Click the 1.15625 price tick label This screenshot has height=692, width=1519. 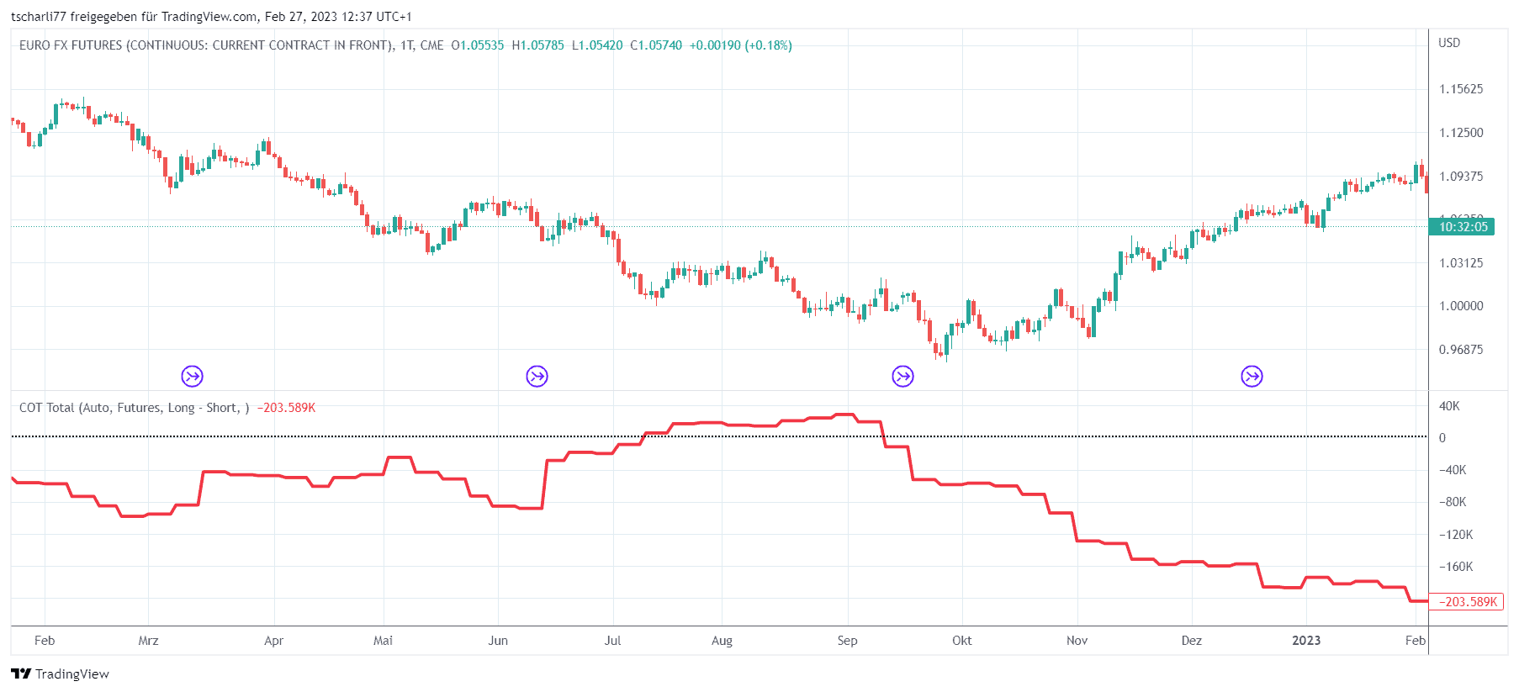(x=1461, y=89)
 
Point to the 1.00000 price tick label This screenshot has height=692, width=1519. (x=1461, y=306)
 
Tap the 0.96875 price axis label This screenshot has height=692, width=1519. (x=1461, y=350)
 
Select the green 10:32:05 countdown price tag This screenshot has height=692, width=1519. (x=1463, y=226)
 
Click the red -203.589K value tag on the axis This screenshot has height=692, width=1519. (x=1467, y=602)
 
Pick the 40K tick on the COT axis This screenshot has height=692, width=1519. (x=1449, y=406)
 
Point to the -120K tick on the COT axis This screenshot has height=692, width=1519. (x=1456, y=535)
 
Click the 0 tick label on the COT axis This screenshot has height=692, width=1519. (x=1442, y=438)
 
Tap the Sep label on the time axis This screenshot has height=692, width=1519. (x=847, y=641)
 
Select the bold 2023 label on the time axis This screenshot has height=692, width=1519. (x=1306, y=641)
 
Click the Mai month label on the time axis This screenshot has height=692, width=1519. (x=383, y=641)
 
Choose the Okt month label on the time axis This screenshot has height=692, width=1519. (x=961, y=641)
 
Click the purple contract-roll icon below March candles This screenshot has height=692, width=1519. (x=193, y=376)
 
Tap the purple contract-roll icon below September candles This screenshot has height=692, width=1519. (x=902, y=376)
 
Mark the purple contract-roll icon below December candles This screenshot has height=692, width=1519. (x=1252, y=376)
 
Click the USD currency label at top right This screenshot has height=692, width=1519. (x=1449, y=43)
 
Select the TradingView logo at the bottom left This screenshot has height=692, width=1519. (x=61, y=674)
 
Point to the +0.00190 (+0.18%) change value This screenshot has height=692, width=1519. (x=740, y=45)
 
